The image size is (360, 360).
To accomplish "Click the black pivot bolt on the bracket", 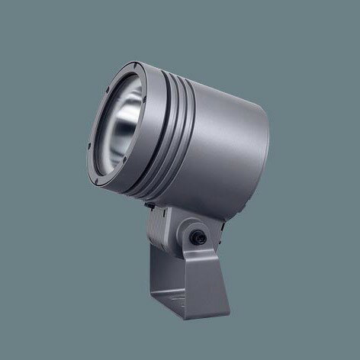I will pos(200,236).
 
